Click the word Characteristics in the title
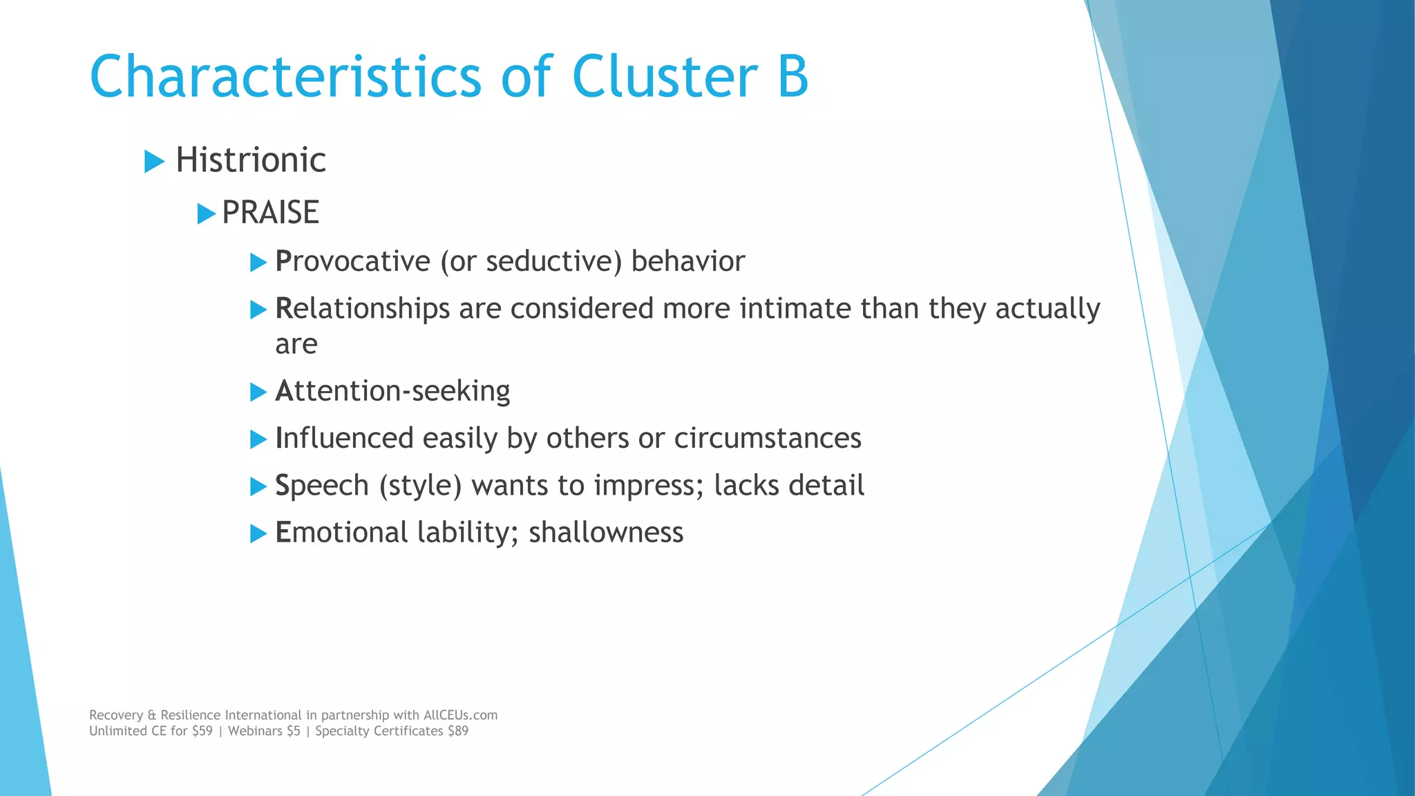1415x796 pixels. click(285, 76)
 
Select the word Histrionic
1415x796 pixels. click(250, 160)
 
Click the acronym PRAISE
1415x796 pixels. click(270, 213)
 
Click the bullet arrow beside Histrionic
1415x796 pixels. click(154, 162)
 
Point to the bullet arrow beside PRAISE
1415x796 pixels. click(206, 214)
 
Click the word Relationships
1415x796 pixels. click(362, 309)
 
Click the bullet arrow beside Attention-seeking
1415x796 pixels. click(258, 392)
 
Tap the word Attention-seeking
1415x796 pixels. click(392, 392)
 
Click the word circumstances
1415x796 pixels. click(767, 439)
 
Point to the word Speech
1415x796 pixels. click(322, 486)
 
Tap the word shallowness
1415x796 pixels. click(606, 533)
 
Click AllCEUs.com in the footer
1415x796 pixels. click(460, 715)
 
